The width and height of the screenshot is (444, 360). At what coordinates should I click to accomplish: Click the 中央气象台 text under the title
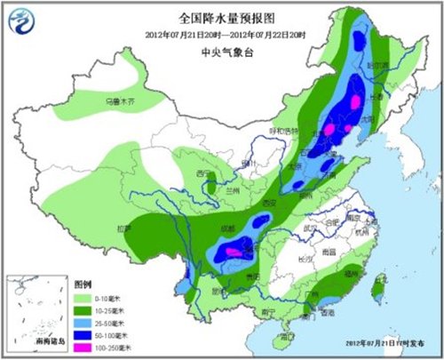pyautogui.click(x=223, y=52)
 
